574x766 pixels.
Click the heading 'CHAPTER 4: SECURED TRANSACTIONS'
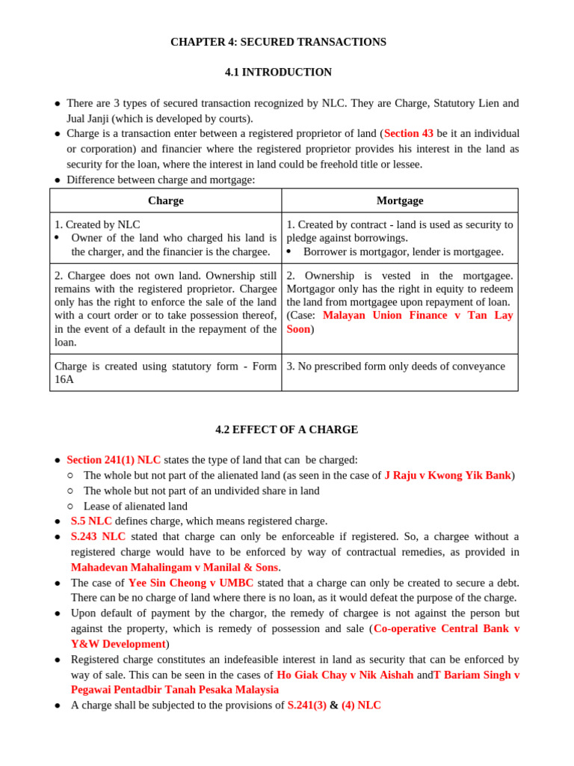click(278, 42)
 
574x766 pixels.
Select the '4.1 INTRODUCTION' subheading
click(278, 73)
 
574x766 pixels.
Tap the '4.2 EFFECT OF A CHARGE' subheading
click(286, 430)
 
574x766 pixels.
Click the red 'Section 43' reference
click(408, 134)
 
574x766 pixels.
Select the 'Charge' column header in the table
click(165, 200)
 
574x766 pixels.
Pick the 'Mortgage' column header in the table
click(399, 200)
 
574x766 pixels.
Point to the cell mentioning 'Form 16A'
click(165, 373)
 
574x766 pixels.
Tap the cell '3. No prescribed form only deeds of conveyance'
click(395, 367)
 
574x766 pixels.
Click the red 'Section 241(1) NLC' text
click(114, 460)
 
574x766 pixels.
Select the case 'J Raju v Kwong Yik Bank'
click(447, 476)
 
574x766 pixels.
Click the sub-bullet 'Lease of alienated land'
click(135, 506)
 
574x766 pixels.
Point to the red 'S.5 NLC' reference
click(91, 521)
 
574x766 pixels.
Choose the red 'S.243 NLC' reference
click(98, 536)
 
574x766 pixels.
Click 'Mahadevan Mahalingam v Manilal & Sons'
click(174, 568)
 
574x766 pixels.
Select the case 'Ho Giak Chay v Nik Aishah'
click(345, 675)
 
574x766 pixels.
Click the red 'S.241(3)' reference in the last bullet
click(306, 705)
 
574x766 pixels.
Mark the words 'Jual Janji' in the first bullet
click(90, 118)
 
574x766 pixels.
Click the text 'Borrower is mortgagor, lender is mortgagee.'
click(403, 252)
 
